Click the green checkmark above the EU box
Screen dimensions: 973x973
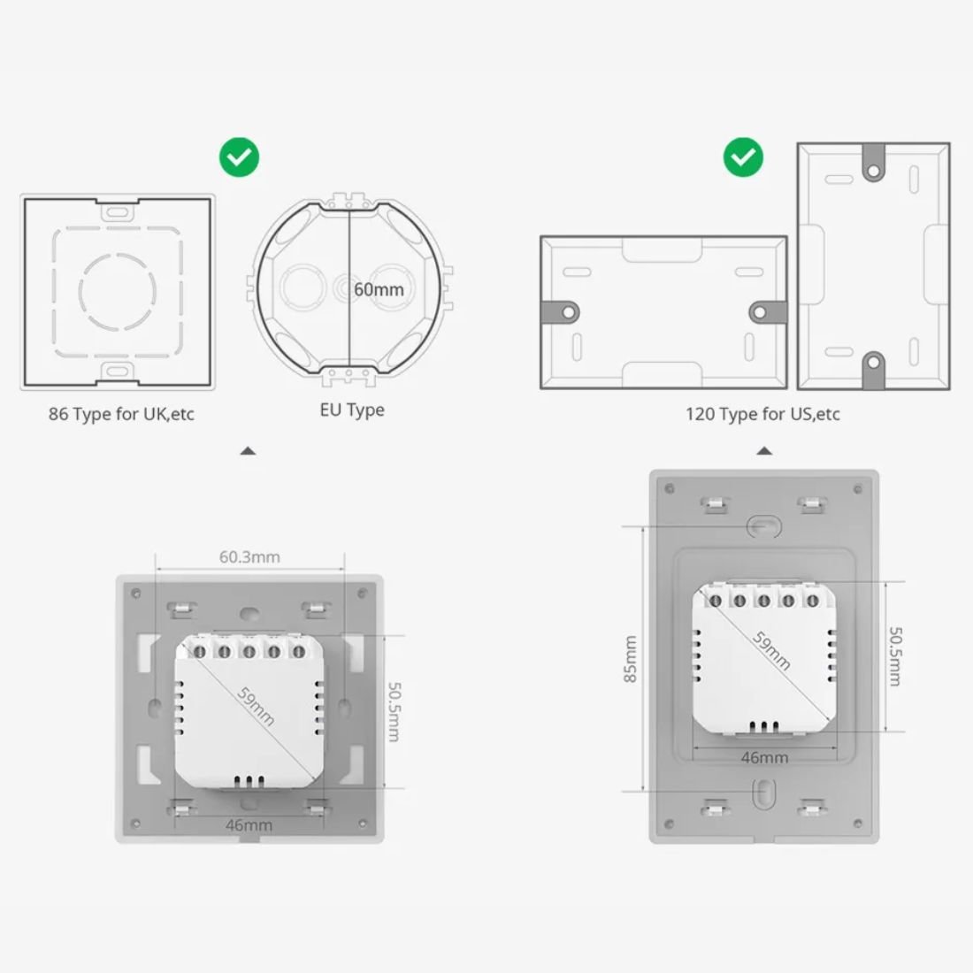pos(239,157)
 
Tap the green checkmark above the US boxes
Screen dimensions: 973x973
pos(743,157)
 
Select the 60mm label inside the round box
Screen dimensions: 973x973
pos(379,289)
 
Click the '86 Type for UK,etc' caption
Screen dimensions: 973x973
pos(122,414)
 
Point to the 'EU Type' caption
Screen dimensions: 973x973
pos(352,410)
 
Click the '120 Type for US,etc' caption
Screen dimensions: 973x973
pos(762,414)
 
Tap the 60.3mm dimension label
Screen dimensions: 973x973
pos(249,556)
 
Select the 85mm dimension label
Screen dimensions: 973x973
pos(630,659)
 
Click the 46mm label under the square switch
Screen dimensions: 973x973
pos(249,825)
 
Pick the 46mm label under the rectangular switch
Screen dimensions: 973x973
pos(764,758)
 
